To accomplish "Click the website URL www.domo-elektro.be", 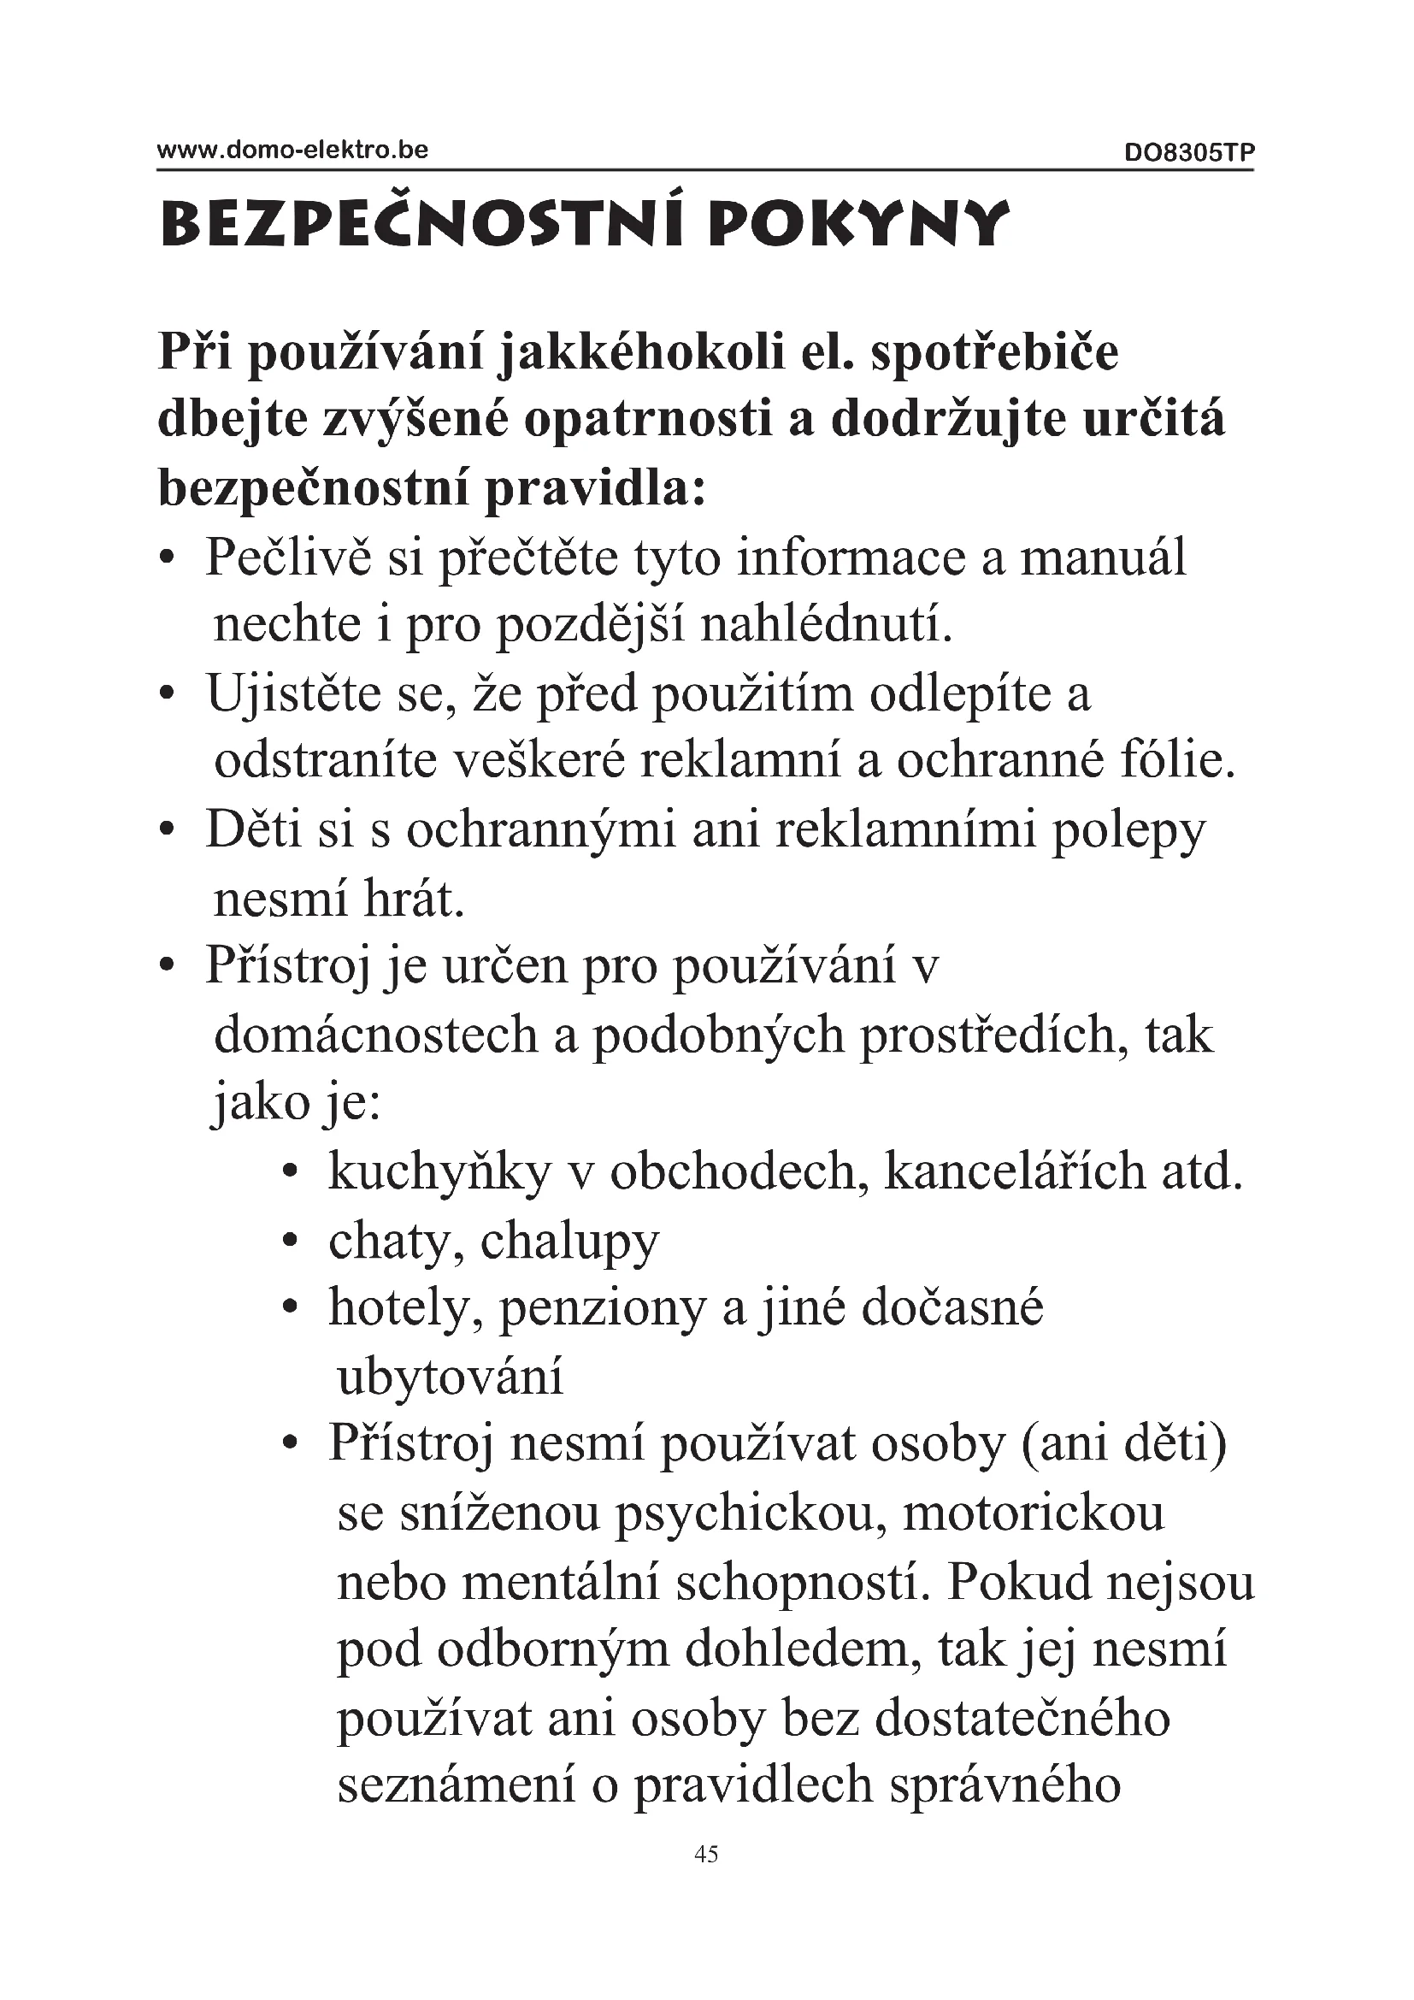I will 292,150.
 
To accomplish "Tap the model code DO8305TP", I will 1188,153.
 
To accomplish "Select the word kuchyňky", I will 439,1171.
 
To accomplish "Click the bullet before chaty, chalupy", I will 292,1241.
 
